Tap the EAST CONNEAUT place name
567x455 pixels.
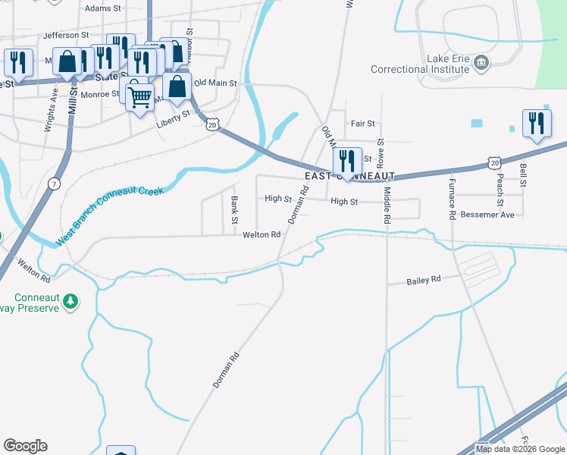pyautogui.click(x=350, y=175)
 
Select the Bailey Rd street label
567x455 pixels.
pyautogui.click(x=424, y=280)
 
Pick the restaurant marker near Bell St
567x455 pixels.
pyautogui.click(x=537, y=124)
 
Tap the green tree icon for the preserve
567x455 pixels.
pyautogui.click(x=70, y=301)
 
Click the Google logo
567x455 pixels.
pyautogui.click(x=25, y=446)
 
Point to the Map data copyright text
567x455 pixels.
pyautogui.click(x=519, y=449)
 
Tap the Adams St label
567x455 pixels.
pyautogui.click(x=103, y=8)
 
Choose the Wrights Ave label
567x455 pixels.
pyautogui.click(x=51, y=113)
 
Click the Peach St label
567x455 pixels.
pyautogui.click(x=500, y=193)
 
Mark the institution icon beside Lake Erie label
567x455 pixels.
pyautogui.click(x=481, y=61)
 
